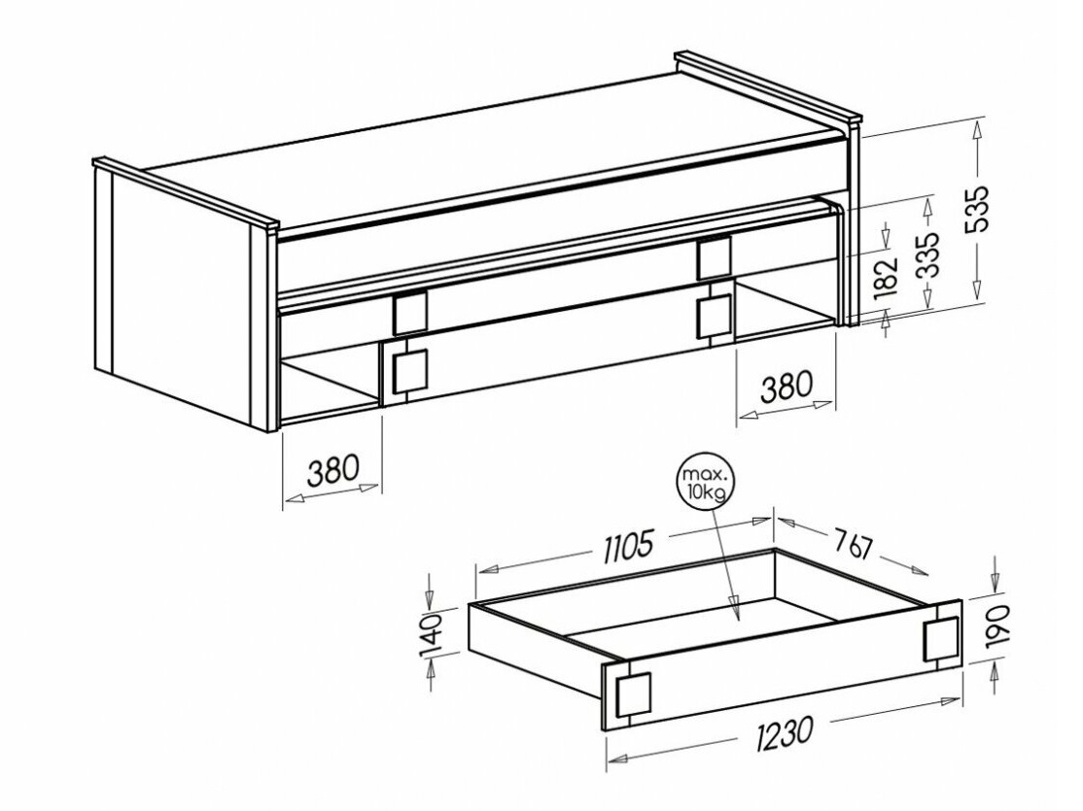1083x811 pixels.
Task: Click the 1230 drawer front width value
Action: coord(783,732)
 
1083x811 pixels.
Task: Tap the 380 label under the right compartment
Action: coord(786,388)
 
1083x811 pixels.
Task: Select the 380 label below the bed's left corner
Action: coord(332,471)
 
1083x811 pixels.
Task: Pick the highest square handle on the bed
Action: coord(714,256)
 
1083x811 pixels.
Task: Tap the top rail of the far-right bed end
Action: coord(768,86)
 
